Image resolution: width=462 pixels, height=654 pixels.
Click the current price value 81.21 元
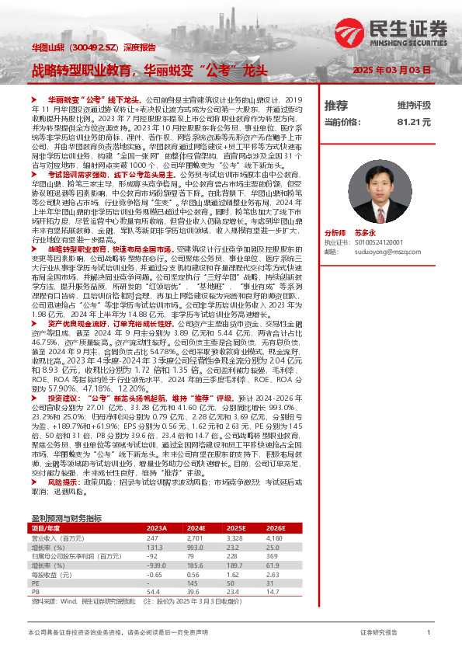tap(413, 122)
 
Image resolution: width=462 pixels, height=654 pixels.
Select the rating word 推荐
tap(335, 105)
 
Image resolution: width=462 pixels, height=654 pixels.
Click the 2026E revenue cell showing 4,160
tap(296, 537)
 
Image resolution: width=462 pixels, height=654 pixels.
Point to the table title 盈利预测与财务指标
tap(66, 518)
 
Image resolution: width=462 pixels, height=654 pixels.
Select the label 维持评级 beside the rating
tap(413, 105)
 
